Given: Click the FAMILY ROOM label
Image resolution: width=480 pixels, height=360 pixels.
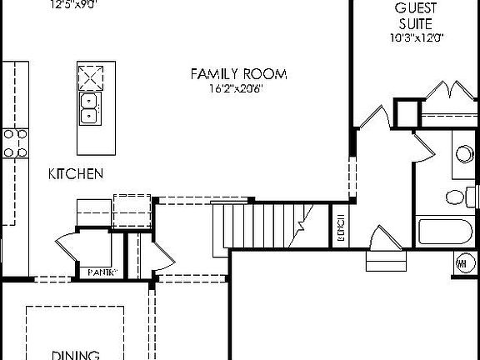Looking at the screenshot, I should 238,75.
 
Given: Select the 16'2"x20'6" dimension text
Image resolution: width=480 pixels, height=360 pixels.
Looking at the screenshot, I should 237,89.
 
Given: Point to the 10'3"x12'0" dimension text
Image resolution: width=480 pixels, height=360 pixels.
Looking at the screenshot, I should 417,37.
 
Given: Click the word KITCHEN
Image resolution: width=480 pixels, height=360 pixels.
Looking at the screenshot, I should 75,174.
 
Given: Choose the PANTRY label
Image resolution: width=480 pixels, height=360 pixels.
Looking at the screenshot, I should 102,272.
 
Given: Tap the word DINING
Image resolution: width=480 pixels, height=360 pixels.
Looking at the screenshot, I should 77,354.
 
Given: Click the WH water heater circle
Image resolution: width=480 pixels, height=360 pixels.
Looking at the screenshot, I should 462,264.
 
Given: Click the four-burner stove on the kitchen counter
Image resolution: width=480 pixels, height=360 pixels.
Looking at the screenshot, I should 15,142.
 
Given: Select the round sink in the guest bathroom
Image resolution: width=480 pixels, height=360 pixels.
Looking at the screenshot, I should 464,154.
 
